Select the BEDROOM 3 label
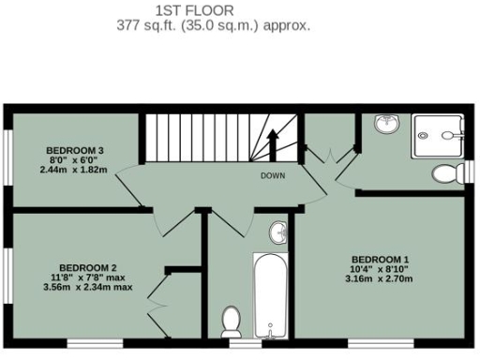coord(75,150)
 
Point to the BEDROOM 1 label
coord(381,259)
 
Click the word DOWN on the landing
coord(274,175)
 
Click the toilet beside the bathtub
coord(231,322)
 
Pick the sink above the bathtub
coord(278,232)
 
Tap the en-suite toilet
coord(450,172)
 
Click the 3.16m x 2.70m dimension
coord(381,278)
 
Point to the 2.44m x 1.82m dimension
coord(74,170)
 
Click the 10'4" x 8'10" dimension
coord(381,269)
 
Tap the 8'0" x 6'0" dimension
coord(75,160)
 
